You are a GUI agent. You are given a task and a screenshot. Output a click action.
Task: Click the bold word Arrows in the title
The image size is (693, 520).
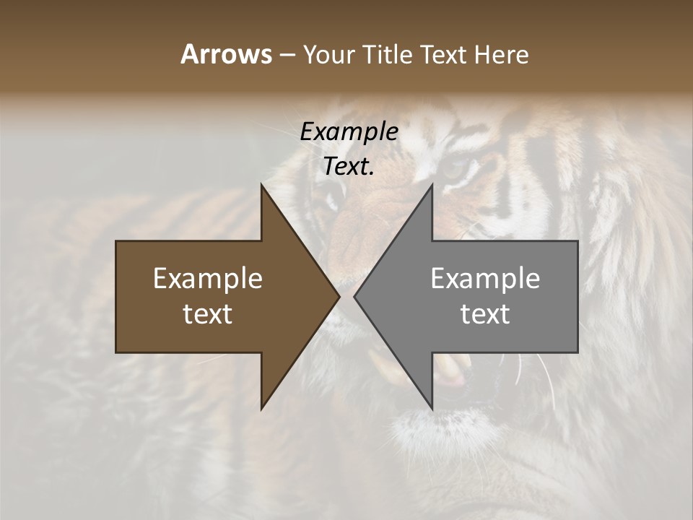pos(226,54)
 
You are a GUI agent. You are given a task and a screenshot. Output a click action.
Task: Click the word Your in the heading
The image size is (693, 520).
pos(328,54)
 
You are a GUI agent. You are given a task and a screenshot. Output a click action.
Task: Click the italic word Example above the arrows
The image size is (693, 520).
pos(349,132)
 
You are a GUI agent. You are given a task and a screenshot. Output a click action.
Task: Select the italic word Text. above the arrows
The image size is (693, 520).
pos(349,166)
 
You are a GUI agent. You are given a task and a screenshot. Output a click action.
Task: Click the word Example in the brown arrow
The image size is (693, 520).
pos(208,278)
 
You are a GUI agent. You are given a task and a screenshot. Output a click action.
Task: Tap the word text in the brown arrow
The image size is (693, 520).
pos(208,314)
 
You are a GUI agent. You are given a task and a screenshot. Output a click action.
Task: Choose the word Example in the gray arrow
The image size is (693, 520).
pos(485,278)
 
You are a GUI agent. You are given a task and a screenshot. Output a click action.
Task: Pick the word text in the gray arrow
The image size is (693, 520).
pos(485,314)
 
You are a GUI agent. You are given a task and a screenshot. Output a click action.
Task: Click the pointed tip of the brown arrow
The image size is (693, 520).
pos(339,296)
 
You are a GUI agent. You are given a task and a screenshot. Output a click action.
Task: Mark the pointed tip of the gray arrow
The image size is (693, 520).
pos(354,296)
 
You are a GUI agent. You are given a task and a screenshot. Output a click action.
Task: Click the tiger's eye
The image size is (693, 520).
pos(454,170)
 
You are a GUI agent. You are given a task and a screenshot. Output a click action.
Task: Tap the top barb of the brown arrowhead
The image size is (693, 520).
pos(262,186)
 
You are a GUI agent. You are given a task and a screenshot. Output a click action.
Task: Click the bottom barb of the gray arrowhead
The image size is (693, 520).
pos(432,407)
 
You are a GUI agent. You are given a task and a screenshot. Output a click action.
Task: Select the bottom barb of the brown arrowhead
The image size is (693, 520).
pos(262,407)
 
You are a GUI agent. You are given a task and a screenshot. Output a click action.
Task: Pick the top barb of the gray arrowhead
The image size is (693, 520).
pos(432,186)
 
